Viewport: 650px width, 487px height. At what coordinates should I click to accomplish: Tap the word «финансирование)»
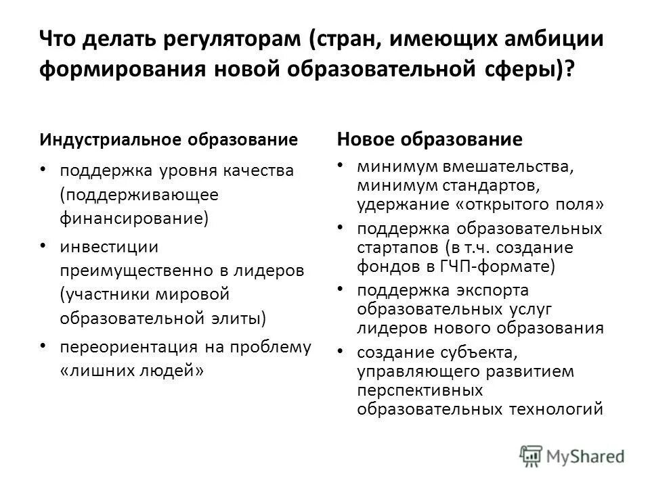(x=135, y=218)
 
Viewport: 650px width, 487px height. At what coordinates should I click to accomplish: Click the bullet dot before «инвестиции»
(x=43, y=243)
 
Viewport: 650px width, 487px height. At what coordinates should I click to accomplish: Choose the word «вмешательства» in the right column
(x=510, y=166)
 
